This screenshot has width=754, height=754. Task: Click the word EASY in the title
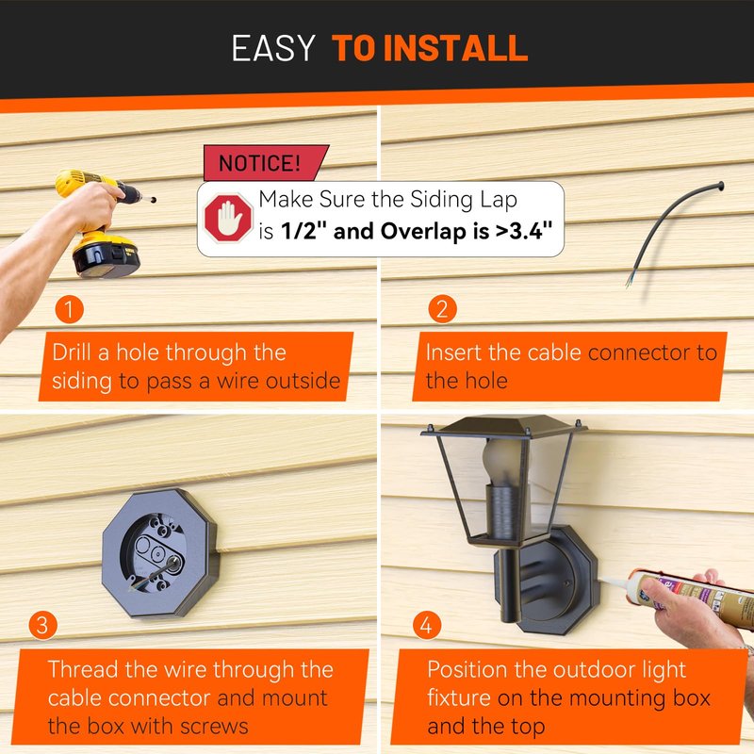[273, 48]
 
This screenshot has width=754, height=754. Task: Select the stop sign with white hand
[228, 218]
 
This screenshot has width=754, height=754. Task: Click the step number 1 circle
[69, 309]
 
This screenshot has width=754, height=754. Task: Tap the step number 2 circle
[442, 309]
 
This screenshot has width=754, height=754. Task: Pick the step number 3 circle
[42, 625]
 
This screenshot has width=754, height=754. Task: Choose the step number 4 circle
[427, 625]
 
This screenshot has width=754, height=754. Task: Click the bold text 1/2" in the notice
[303, 231]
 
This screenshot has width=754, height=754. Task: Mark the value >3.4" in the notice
[524, 231]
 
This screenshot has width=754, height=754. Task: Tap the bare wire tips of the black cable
[630, 280]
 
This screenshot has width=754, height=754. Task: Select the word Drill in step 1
[72, 352]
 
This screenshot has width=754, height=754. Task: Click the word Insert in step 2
[453, 352]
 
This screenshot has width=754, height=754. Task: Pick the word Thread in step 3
[83, 669]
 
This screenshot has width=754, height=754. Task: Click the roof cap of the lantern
[503, 427]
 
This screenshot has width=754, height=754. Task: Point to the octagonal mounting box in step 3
[160, 553]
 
